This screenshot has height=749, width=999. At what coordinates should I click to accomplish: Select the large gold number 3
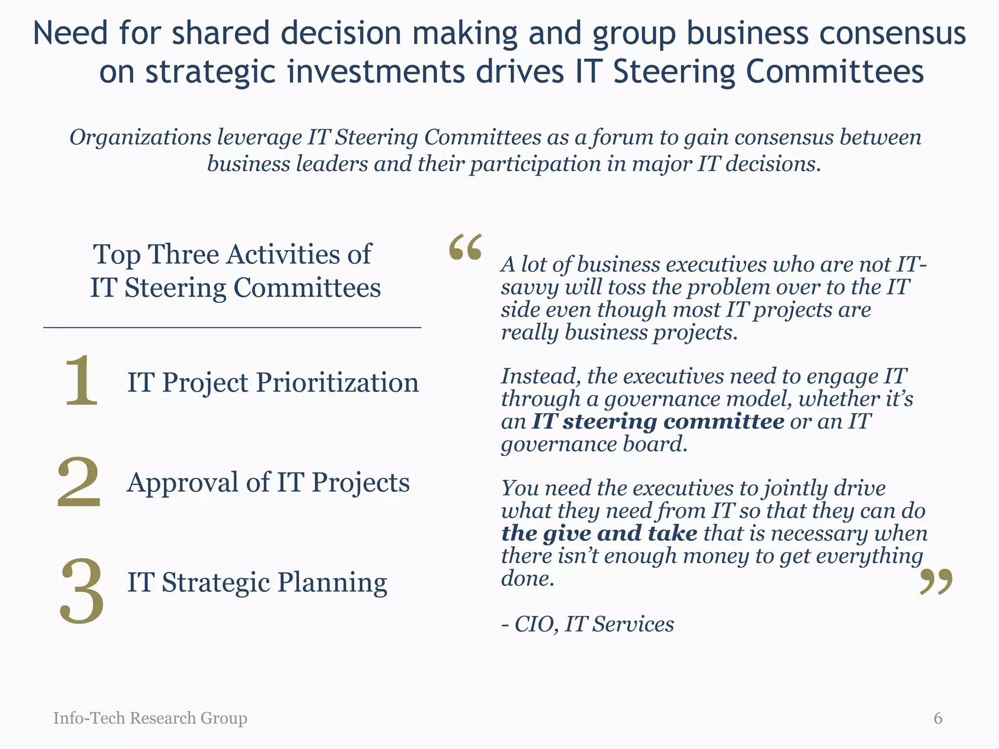pyautogui.click(x=82, y=591)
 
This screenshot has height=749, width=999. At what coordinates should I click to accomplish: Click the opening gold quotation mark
pyautogui.click(x=465, y=247)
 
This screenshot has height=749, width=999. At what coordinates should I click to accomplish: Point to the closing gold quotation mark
pyautogui.click(x=936, y=582)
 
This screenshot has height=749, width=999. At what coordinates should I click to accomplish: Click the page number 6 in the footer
pyautogui.click(x=938, y=718)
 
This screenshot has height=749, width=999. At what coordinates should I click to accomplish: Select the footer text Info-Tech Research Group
pyautogui.click(x=150, y=718)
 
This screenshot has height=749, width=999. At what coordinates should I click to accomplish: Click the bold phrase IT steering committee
pyautogui.click(x=658, y=422)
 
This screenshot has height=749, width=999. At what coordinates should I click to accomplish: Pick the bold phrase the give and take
pyautogui.click(x=599, y=533)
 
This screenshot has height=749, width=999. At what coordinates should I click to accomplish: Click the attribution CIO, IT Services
pyautogui.click(x=594, y=624)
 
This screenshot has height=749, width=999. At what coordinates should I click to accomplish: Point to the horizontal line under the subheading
pyautogui.click(x=232, y=328)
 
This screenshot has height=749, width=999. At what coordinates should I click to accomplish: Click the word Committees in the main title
pyautogui.click(x=835, y=71)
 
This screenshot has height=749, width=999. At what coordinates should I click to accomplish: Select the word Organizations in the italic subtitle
pyautogui.click(x=140, y=138)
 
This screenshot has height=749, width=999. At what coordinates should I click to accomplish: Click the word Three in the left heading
pyautogui.click(x=183, y=255)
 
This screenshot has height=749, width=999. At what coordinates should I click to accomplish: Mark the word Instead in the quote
pyautogui.click(x=540, y=376)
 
